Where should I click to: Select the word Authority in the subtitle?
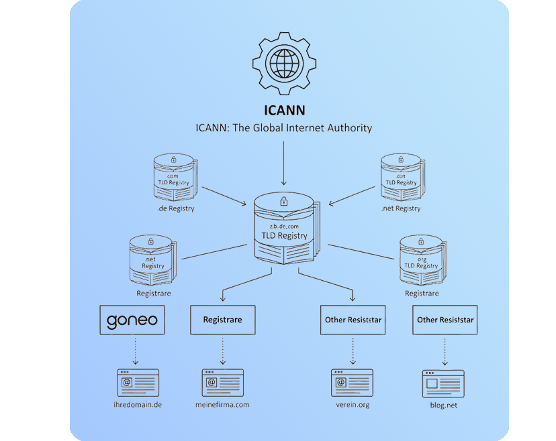pos(346,127)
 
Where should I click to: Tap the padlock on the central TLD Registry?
pos(284,201)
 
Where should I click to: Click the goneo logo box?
pos(132,320)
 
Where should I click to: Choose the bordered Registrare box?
pos(222,320)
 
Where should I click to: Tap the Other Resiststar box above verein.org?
pos(353,320)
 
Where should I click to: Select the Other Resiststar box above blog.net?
pos(445,320)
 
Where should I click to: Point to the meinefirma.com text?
pos(222,405)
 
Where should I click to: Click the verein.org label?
pos(353,405)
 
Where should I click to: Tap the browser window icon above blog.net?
pos(443,383)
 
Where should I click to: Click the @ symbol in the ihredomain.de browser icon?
pos(127,383)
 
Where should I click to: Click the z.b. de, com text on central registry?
pos(284,227)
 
